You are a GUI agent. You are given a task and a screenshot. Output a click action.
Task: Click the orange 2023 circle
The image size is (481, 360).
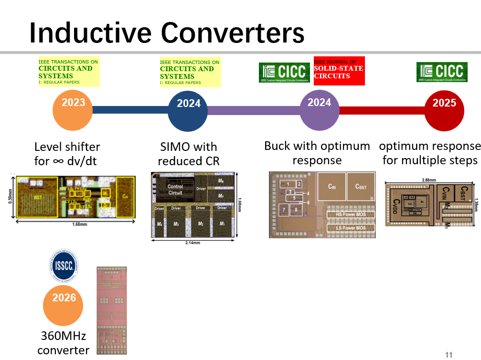72,110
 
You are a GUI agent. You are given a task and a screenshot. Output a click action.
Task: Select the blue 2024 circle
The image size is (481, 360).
188,110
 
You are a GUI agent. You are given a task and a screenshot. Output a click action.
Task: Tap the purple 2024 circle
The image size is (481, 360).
319,109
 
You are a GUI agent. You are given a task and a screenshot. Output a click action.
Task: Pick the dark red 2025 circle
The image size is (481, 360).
444,110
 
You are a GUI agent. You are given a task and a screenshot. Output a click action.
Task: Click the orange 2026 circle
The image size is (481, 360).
64,305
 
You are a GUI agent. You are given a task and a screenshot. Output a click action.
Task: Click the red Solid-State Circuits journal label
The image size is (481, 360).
339,71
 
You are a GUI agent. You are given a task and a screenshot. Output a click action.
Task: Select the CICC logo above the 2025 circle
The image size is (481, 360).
442,72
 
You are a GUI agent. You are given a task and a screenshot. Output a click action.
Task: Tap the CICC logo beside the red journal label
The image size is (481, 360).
285,72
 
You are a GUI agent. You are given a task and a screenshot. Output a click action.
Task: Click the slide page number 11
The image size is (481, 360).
449,354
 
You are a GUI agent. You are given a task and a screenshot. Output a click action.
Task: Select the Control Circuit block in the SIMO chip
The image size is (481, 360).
175,190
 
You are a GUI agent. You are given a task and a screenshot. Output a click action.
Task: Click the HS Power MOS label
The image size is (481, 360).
351,215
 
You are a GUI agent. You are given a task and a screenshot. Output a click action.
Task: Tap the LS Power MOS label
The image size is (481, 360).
351,228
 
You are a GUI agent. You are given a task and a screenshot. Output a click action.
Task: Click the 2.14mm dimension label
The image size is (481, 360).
193,243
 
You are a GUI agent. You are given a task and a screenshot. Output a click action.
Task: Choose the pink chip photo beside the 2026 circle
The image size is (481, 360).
112,310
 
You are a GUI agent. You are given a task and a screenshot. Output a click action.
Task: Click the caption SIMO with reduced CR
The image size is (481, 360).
188,154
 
